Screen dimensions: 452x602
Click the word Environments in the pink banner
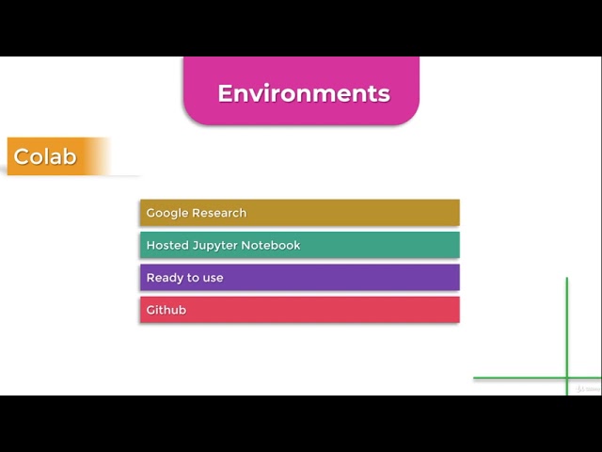tap(303, 93)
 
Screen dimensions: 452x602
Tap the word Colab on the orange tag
tap(45, 156)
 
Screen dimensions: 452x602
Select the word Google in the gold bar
tap(167, 213)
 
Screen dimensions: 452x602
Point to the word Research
tap(219, 213)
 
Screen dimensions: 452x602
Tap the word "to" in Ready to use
tap(192, 278)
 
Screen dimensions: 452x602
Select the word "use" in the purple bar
tap(213, 278)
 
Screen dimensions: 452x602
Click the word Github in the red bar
tap(166, 310)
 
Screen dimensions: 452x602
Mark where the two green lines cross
tap(567, 379)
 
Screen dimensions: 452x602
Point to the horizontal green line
tap(517, 379)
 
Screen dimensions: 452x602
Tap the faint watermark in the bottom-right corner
tap(589, 388)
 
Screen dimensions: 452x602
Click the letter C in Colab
tap(22, 156)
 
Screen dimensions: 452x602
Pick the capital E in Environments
tap(225, 93)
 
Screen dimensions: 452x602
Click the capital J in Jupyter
tap(195, 245)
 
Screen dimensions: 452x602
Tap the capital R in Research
tap(197, 213)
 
